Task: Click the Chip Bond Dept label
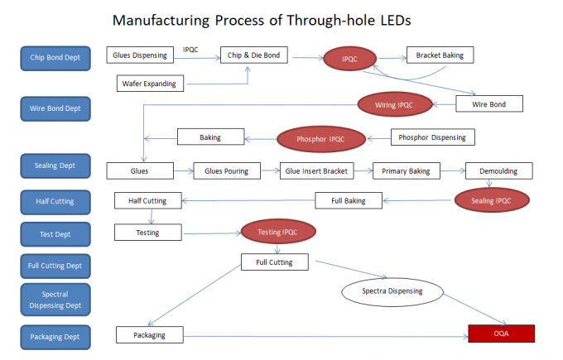pyautogui.click(x=55, y=57)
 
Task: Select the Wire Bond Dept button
pyautogui.click(x=55, y=108)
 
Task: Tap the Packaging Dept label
pyautogui.click(x=55, y=336)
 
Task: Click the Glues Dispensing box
pyautogui.click(x=140, y=55)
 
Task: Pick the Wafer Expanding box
pyautogui.click(x=152, y=83)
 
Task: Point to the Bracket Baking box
pyautogui.click(x=440, y=55)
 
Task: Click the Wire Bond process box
pyautogui.click(x=492, y=104)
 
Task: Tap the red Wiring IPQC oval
pyautogui.click(x=396, y=104)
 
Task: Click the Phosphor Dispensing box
pyautogui.click(x=431, y=137)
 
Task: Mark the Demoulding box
pyautogui.click(x=498, y=171)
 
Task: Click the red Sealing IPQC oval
pyautogui.click(x=491, y=199)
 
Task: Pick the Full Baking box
pyautogui.click(x=349, y=199)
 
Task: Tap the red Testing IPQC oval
pyautogui.click(x=277, y=232)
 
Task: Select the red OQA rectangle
pyautogui.click(x=501, y=334)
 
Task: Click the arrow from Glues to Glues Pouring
pyautogui.click(x=183, y=171)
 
